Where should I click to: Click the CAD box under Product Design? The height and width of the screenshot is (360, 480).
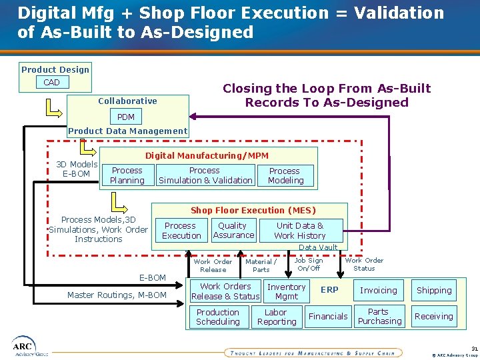(51, 83)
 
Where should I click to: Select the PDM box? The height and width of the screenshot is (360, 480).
(126, 117)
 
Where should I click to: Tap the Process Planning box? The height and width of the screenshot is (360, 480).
(127, 175)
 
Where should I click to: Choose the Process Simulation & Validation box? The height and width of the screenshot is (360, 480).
(205, 175)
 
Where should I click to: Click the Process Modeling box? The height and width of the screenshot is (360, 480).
(285, 175)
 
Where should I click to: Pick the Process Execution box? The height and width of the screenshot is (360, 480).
(181, 231)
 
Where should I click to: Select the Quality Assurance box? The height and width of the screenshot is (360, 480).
(233, 231)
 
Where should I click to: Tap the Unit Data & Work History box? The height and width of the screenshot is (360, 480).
(300, 231)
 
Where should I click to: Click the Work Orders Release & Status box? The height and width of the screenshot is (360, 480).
(225, 291)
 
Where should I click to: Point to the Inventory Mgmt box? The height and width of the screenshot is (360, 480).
(287, 291)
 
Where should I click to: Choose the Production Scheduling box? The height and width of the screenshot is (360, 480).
(218, 317)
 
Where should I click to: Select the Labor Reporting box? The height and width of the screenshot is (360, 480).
(276, 317)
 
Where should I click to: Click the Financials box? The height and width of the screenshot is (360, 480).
(328, 317)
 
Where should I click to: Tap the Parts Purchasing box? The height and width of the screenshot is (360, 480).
(379, 317)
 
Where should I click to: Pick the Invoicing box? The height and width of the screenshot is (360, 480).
(379, 291)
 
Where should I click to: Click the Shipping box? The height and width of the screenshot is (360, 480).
(434, 291)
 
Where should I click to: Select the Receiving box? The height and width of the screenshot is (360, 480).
(434, 317)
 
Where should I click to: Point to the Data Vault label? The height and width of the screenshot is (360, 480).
(318, 247)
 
